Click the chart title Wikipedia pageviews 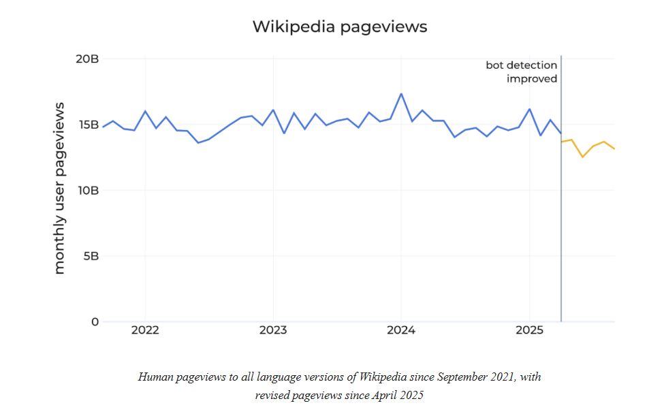coord(340,27)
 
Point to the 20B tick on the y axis coord(86,59)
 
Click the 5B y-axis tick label coord(90,257)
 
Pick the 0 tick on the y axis coord(95,322)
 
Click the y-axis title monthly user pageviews coord(60,188)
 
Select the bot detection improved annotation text coord(522,71)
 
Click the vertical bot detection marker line coord(561,204)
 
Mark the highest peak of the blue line coord(401,94)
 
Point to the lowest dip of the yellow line coord(582,157)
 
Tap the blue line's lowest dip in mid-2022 coord(198,142)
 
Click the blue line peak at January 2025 coord(530,109)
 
